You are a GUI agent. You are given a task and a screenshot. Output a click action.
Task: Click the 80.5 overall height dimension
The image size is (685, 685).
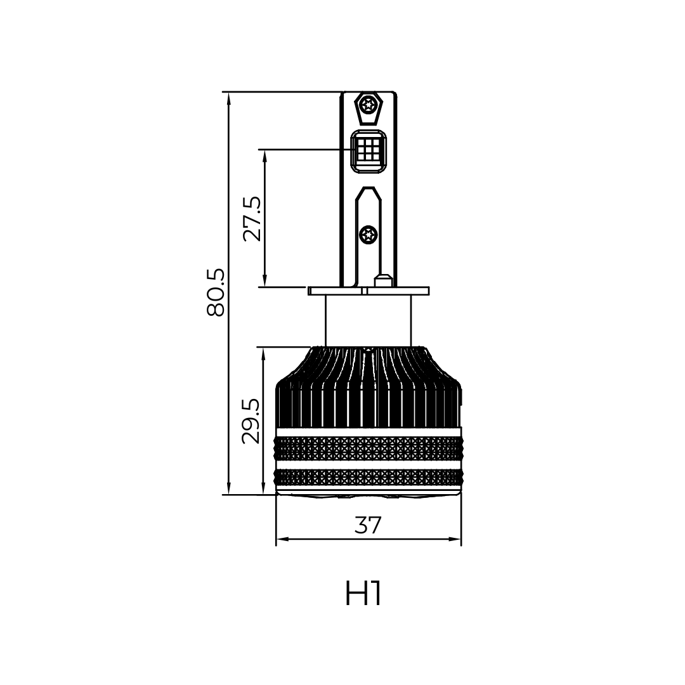click(x=216, y=292)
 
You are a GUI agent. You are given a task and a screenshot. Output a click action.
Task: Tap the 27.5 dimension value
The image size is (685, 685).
click(x=252, y=218)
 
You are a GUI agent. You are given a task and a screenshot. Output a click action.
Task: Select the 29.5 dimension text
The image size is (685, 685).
click(x=251, y=421)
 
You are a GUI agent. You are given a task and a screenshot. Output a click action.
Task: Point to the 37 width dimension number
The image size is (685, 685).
click(x=368, y=525)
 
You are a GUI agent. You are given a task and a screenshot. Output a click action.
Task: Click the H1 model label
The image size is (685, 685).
click(x=364, y=593)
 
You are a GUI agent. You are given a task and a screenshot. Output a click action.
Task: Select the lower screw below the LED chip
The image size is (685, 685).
click(x=368, y=235)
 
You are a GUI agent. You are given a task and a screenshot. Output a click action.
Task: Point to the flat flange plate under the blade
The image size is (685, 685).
click(x=368, y=291)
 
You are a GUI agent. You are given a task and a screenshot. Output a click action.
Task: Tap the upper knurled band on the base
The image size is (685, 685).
click(x=369, y=448)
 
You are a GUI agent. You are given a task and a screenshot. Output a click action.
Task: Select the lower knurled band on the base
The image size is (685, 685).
click(x=369, y=477)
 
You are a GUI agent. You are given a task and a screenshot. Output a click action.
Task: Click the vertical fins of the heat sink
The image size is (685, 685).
click(x=368, y=400)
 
